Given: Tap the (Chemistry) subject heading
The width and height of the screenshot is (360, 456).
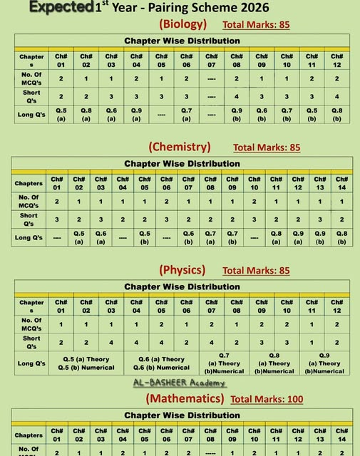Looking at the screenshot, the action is pos(180,147).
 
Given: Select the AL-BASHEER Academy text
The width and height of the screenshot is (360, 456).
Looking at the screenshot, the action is pos(179,383).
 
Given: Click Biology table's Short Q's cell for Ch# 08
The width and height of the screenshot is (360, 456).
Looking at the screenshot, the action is pos(237,97).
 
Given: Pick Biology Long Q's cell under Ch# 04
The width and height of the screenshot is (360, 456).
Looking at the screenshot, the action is pos(136,115).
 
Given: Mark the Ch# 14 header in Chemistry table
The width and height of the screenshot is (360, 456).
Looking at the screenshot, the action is pos(341,183).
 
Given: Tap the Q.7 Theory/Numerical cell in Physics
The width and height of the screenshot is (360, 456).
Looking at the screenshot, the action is pos(224,363).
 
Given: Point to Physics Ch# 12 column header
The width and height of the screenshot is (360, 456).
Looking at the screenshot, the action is pos(336,306).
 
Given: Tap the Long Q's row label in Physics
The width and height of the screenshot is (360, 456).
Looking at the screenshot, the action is pos(31,363).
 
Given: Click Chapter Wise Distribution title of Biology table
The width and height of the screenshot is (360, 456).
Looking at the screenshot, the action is pos(182,41).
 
